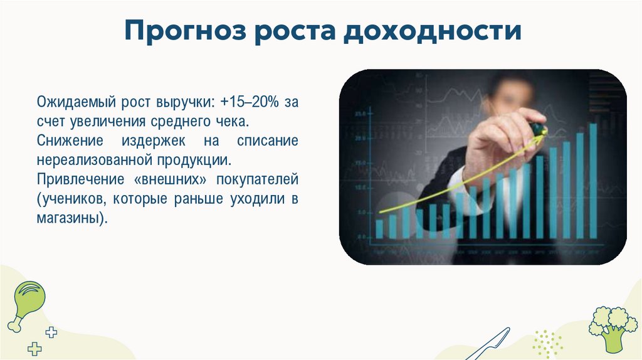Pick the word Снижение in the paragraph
[x=65, y=140]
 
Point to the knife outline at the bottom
[x=490, y=346]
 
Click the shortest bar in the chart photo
[x=379, y=228]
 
